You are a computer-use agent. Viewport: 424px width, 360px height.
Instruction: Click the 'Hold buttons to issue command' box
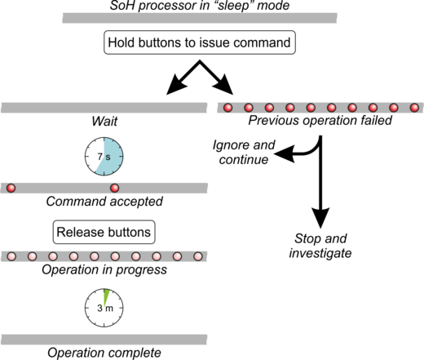coord(200,42)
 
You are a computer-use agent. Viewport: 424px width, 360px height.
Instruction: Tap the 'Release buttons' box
coord(104,232)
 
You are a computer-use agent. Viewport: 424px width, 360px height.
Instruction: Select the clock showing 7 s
coord(104,157)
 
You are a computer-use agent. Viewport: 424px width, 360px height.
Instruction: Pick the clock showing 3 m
coord(104,308)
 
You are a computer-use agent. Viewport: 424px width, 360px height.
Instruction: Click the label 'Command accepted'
coord(104,202)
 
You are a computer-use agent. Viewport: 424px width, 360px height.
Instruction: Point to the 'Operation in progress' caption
coord(104,270)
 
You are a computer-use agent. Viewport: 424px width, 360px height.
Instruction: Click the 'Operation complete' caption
coord(104,353)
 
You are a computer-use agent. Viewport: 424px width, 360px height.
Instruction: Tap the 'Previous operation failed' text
coord(320,120)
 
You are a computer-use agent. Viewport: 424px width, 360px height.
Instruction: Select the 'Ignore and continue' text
coord(244,153)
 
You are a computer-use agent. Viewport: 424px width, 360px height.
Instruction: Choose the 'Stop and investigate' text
coord(320,246)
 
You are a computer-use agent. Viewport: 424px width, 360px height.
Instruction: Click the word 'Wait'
coord(104,122)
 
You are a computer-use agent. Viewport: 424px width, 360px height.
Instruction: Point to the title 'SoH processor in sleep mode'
coord(200,6)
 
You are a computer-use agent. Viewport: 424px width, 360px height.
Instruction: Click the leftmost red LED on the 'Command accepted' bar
coord(11,188)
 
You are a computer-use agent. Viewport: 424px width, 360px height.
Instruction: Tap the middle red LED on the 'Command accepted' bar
coord(114,188)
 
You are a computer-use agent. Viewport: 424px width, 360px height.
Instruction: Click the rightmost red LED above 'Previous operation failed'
coord(414,108)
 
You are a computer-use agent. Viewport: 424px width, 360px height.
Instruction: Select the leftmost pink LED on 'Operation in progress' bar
coord(11,256)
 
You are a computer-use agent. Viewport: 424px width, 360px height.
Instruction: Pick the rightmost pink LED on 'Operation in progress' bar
coord(198,256)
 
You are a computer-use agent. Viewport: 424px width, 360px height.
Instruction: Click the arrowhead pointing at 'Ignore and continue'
coord(284,154)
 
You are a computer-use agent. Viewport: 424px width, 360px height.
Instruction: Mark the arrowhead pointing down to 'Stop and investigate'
coord(320,218)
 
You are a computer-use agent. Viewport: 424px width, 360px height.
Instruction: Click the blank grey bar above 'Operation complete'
coord(104,340)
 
